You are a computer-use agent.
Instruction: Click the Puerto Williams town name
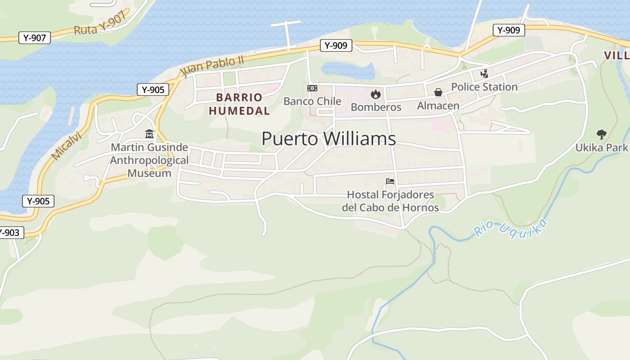pyautogui.click(x=328, y=139)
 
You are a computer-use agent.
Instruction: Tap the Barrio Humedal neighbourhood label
pyautogui.click(x=239, y=104)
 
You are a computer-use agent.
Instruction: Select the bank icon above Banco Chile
pyautogui.click(x=312, y=88)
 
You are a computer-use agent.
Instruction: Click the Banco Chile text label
pyautogui.click(x=312, y=101)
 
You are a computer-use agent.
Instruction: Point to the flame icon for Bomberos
pyautogui.click(x=375, y=94)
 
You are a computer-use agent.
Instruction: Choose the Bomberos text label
pyautogui.click(x=376, y=107)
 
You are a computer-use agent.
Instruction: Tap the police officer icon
pyautogui.click(x=484, y=73)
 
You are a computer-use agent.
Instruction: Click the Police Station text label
pyautogui.click(x=484, y=87)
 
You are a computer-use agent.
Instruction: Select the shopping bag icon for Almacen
pyautogui.click(x=438, y=92)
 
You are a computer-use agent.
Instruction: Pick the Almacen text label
pyautogui.click(x=438, y=106)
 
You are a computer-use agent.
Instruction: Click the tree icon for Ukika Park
pyautogui.click(x=601, y=134)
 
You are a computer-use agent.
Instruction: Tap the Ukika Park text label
pyautogui.click(x=601, y=148)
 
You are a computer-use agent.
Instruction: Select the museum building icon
pyautogui.click(x=149, y=134)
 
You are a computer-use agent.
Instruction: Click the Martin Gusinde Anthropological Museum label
pyautogui.click(x=149, y=160)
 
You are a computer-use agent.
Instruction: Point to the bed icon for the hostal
pyautogui.click(x=390, y=181)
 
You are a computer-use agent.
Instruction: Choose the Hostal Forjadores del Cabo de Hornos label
pyautogui.click(x=390, y=201)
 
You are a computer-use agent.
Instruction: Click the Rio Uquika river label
pyautogui.click(x=511, y=228)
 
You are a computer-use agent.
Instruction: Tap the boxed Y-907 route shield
pyautogui.click(x=35, y=38)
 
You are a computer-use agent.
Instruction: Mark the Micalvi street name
pyautogui.click(x=66, y=145)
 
